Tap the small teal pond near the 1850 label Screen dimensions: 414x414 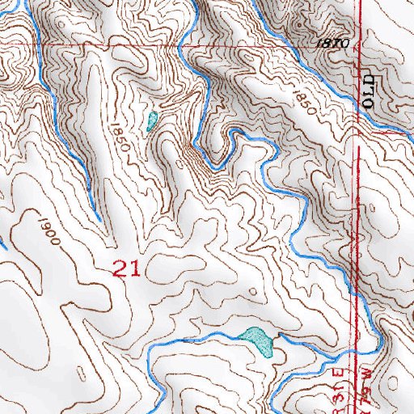point(151,122)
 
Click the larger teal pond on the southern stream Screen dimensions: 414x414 point(256,340)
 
